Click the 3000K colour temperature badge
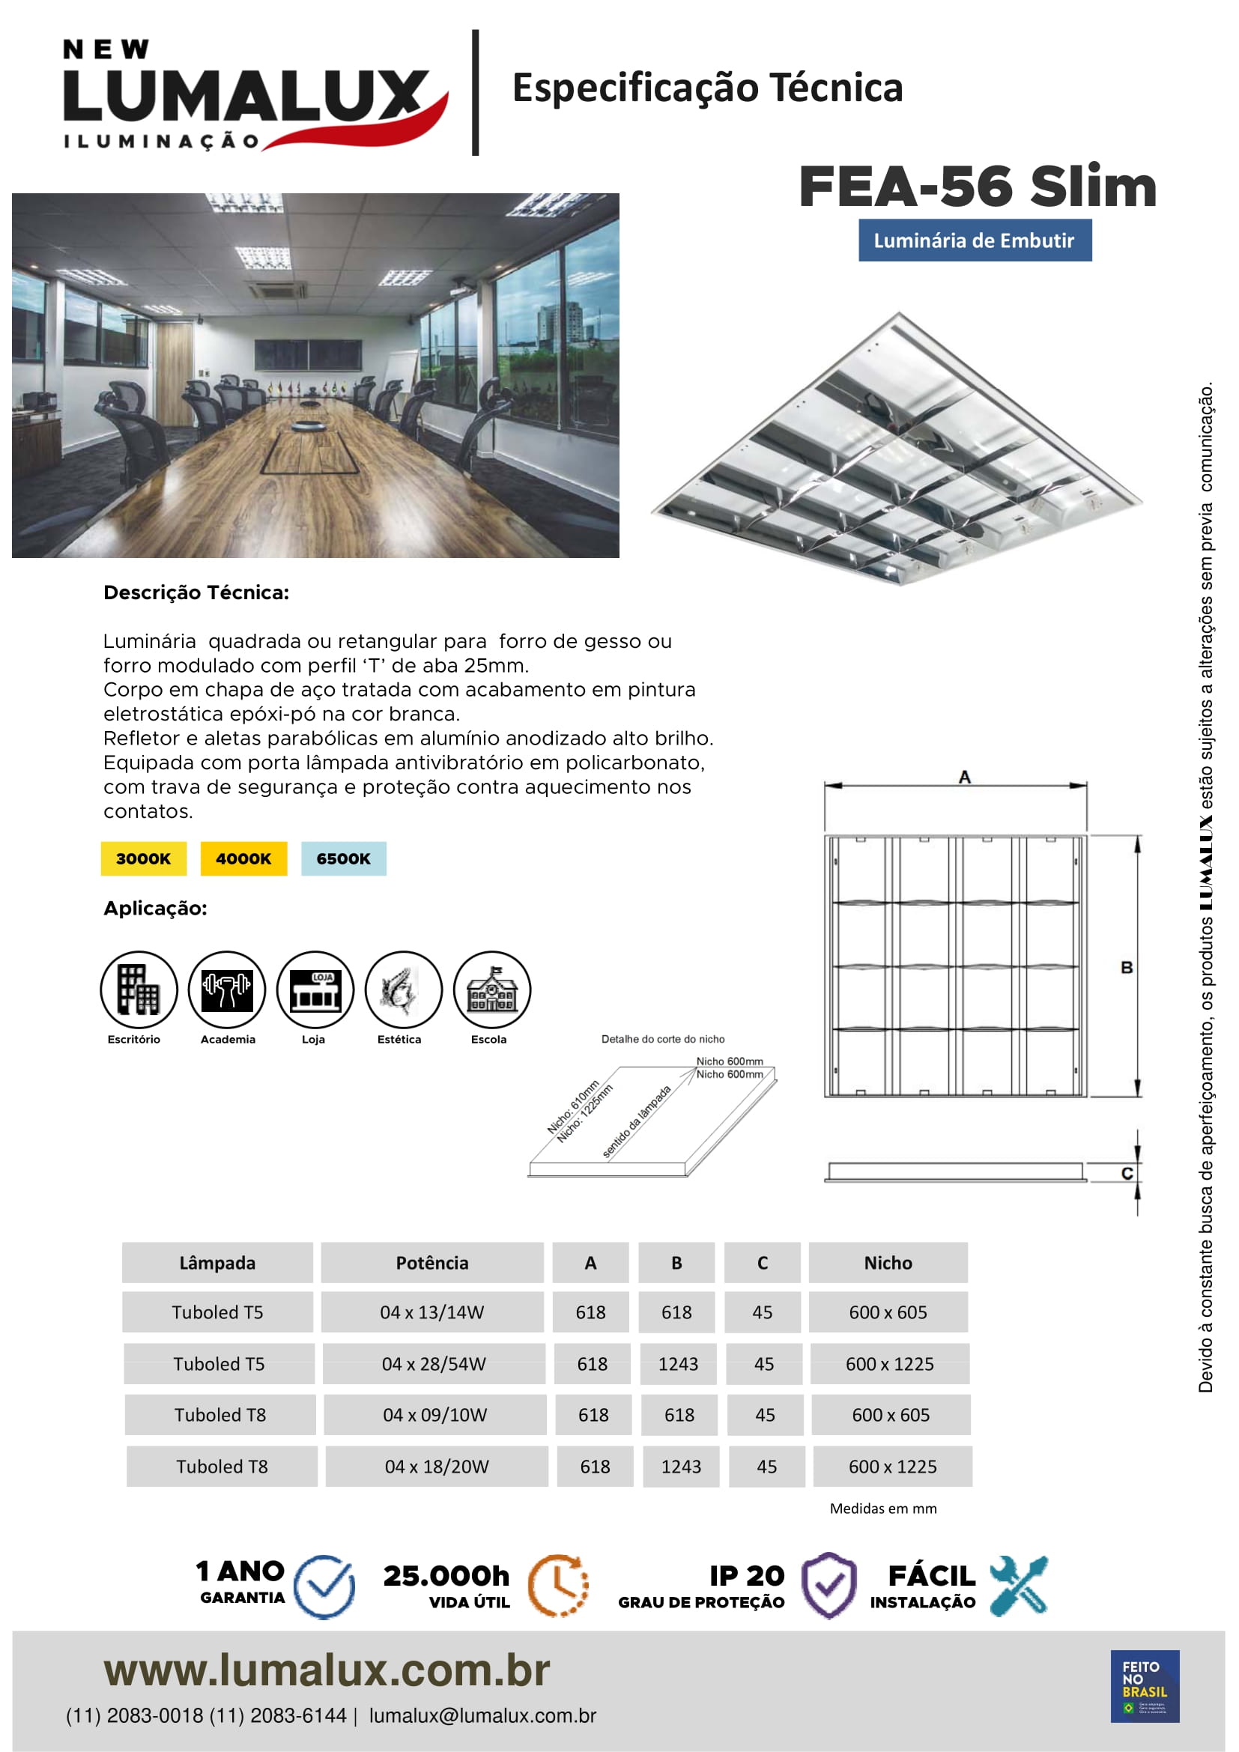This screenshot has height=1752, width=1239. click(x=143, y=858)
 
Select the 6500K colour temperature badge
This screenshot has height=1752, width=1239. click(x=343, y=858)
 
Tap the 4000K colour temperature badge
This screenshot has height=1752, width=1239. click(x=243, y=858)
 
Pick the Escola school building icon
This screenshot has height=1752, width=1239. click(x=491, y=989)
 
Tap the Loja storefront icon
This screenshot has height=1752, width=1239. click(x=315, y=989)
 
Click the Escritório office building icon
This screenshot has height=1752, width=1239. click(x=139, y=989)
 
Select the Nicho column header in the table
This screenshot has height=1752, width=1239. click(x=888, y=1263)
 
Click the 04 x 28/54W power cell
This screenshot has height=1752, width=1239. click(x=433, y=1364)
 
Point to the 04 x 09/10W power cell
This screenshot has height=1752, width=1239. click(x=435, y=1416)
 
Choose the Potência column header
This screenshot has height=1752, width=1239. click(x=431, y=1263)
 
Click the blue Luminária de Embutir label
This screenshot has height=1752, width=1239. click(x=975, y=240)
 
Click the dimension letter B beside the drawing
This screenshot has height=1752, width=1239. click(x=1127, y=968)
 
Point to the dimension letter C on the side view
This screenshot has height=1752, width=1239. click(x=1127, y=1174)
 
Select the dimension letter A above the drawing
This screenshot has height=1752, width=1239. click(x=964, y=778)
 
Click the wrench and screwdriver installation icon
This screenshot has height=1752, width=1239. click(x=1020, y=1586)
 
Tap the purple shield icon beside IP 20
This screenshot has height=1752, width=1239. click(x=829, y=1586)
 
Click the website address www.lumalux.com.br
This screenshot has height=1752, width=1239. click(x=327, y=1671)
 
